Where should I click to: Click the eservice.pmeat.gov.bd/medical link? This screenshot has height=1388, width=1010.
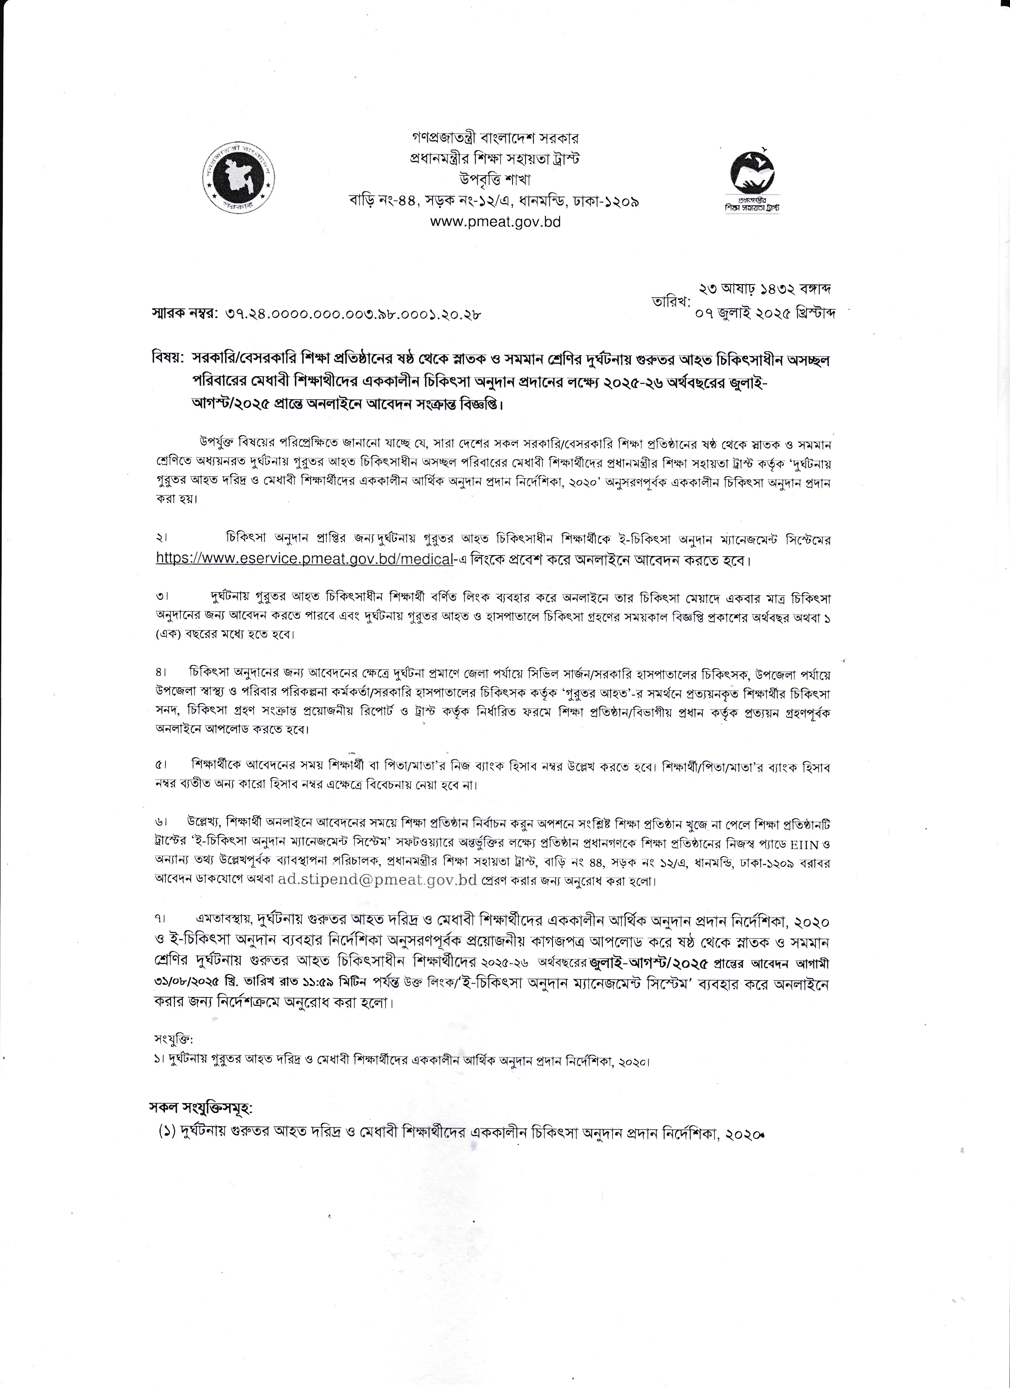[x=304, y=559]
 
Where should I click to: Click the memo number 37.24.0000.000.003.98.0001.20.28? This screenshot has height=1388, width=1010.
[x=353, y=315]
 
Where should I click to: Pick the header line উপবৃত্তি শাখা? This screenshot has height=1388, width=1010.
[x=495, y=179]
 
